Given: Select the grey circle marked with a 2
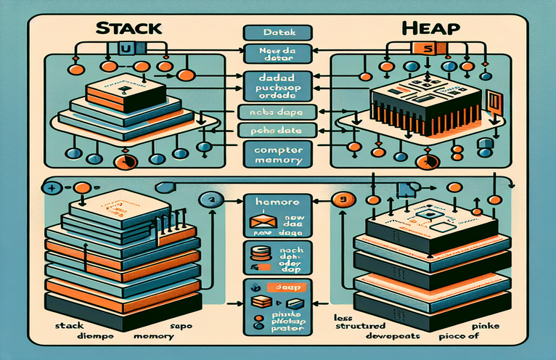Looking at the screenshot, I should [x=211, y=200].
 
